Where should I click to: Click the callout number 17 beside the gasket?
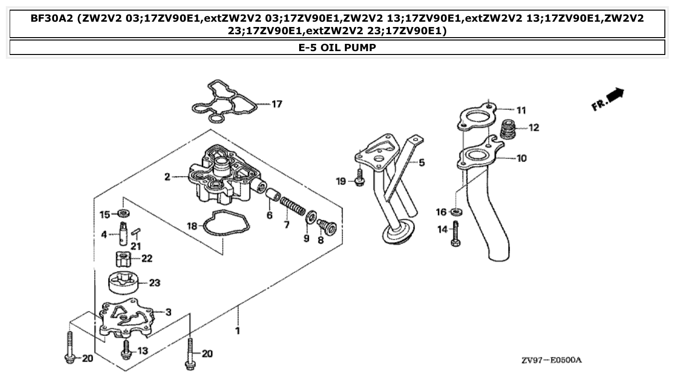click(x=276, y=104)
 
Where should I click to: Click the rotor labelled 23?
click(x=126, y=283)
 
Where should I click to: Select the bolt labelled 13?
click(x=126, y=350)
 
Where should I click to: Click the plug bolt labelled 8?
click(x=327, y=227)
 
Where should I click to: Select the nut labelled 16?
click(x=455, y=212)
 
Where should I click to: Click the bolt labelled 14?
click(x=455, y=233)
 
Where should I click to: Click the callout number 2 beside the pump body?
click(x=167, y=177)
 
